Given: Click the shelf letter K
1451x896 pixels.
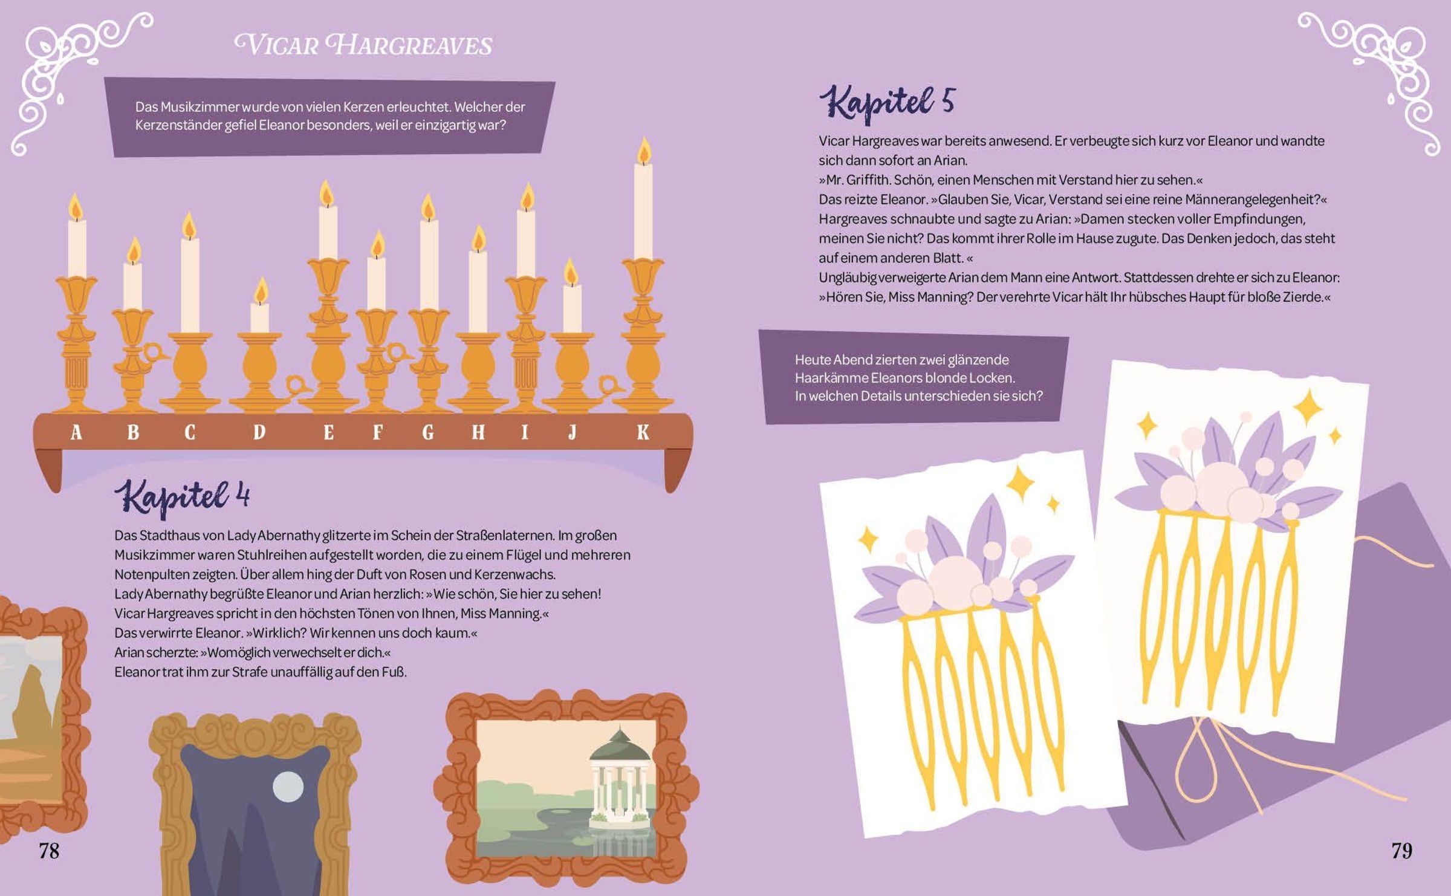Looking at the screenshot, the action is coord(643,432).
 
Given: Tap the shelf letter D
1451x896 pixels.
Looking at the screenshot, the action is coord(259,432).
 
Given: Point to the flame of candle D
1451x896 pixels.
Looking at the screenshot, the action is coord(261,290).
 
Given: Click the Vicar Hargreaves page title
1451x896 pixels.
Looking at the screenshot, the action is coord(363,45).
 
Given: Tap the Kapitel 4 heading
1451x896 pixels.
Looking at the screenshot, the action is coord(182,496).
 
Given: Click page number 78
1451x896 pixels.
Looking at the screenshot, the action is coord(49,851).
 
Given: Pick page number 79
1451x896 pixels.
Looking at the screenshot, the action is coord(1401,851).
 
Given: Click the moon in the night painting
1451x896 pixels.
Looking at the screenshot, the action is coord(288,787).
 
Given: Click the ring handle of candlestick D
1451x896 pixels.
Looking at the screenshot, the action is coord(297,384).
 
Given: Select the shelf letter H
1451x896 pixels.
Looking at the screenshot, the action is coord(478,432).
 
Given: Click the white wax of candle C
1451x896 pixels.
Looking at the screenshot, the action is coord(190,285).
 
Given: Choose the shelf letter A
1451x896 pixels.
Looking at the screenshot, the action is coord(76,432).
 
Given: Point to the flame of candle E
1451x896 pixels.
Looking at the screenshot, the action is coord(326,193).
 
